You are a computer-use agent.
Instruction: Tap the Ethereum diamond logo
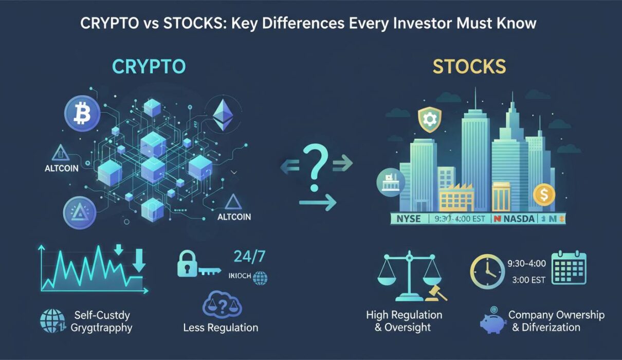tap(223, 114)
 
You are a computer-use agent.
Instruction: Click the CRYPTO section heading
tap(149, 67)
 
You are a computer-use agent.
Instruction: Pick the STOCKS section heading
tap(469, 67)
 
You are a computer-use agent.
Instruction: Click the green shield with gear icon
tap(428, 120)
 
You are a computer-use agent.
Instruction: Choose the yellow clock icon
tap(487, 271)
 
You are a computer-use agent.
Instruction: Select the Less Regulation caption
tap(221, 327)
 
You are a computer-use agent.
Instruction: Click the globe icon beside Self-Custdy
tap(52, 320)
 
